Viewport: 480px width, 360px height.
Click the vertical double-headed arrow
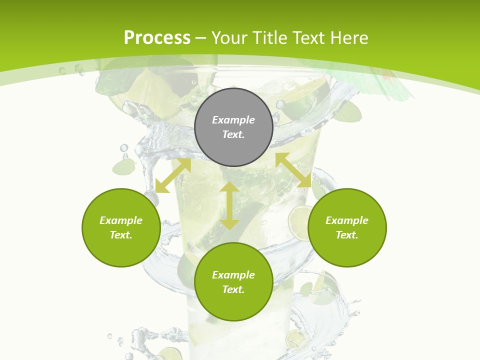pos(229,205)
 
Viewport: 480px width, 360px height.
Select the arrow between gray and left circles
pos(173,175)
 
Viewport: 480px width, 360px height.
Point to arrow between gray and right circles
pos(293,170)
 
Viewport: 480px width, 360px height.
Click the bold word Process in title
pos(157,37)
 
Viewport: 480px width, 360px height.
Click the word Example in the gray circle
pos(233,120)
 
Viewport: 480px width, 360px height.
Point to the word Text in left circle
pos(121,235)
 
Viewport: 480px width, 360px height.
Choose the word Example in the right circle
pos(347,220)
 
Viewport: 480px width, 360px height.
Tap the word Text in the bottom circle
pos(233,289)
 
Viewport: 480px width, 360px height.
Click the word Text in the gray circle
pos(233,134)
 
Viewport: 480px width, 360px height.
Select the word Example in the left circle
pos(121,220)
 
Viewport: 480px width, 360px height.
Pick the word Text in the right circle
pos(347,235)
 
